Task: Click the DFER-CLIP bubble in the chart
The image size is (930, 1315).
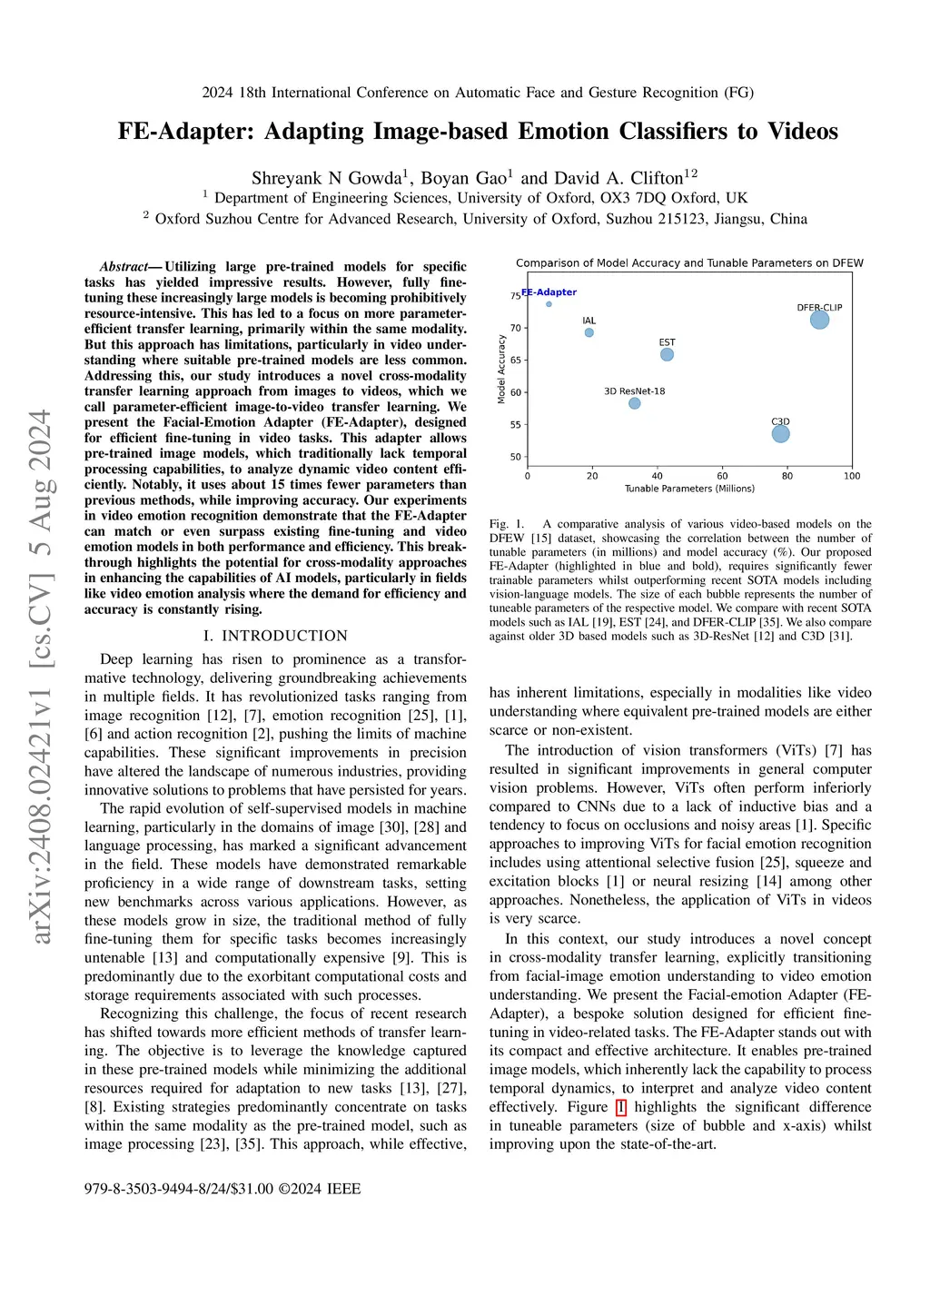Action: pos(819,320)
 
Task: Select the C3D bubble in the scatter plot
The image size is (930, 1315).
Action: pos(780,434)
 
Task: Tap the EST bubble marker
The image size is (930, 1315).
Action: pos(667,354)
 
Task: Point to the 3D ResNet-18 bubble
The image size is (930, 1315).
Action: pos(635,403)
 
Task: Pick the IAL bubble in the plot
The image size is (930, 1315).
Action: pos(589,332)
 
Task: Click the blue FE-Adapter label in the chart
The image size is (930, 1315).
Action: pos(549,292)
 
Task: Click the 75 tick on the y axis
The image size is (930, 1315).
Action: pos(515,296)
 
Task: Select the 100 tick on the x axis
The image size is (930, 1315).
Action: pos(852,476)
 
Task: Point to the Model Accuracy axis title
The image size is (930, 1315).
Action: pos(501,370)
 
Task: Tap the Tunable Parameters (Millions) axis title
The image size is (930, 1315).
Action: pos(689,489)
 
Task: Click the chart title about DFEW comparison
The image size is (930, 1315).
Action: pos(689,263)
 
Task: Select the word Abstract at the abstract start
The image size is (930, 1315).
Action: pos(124,267)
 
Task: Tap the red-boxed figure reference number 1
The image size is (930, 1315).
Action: pos(621,1107)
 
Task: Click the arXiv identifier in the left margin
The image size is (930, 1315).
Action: pos(42,677)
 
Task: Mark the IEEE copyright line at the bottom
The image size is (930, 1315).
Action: pos(223,1189)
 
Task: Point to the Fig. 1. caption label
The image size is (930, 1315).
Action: pos(507,524)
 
